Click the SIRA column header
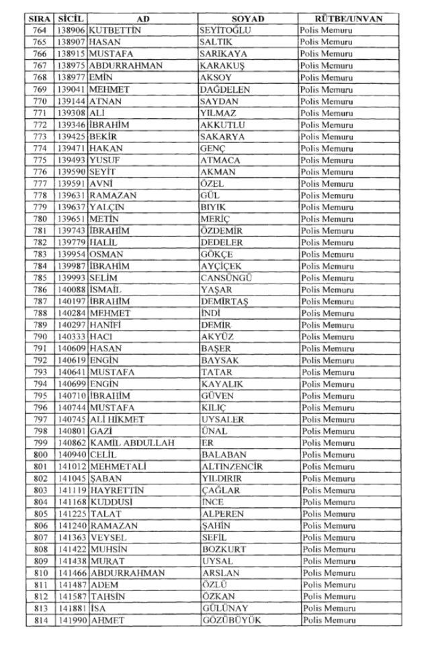pyautogui.click(x=39, y=19)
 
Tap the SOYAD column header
pyautogui.click(x=248, y=19)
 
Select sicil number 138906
pyautogui.click(x=71, y=30)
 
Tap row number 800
pyautogui.click(x=39, y=455)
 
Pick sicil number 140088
pyautogui.click(x=71, y=290)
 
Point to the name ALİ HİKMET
pyautogui.click(x=117, y=420)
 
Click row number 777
pyautogui.click(x=39, y=183)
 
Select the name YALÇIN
pyautogui.click(x=107, y=207)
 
